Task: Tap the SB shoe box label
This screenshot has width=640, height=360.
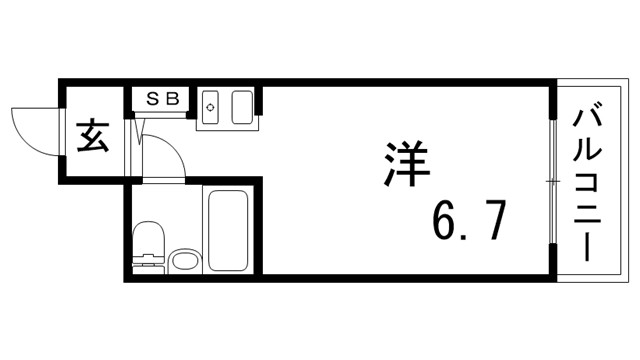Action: tap(164, 98)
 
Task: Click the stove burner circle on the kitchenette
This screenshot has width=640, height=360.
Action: tap(211, 105)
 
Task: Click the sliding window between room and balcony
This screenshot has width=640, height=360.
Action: tap(551, 180)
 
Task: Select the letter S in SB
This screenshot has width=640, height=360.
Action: tap(155, 98)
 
